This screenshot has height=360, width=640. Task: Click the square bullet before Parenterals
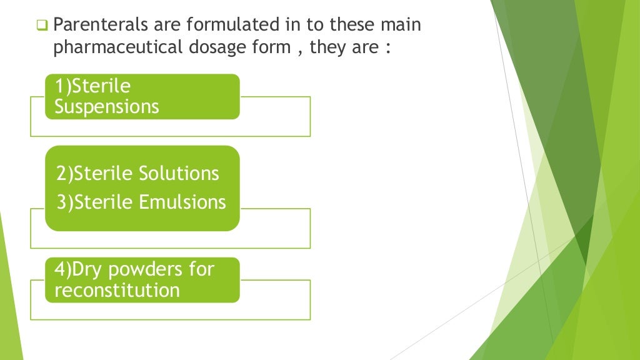click(x=42, y=26)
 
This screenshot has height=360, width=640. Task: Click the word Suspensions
click(x=106, y=107)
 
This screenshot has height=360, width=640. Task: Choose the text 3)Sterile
click(x=92, y=202)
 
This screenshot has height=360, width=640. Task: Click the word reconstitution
click(x=117, y=290)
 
